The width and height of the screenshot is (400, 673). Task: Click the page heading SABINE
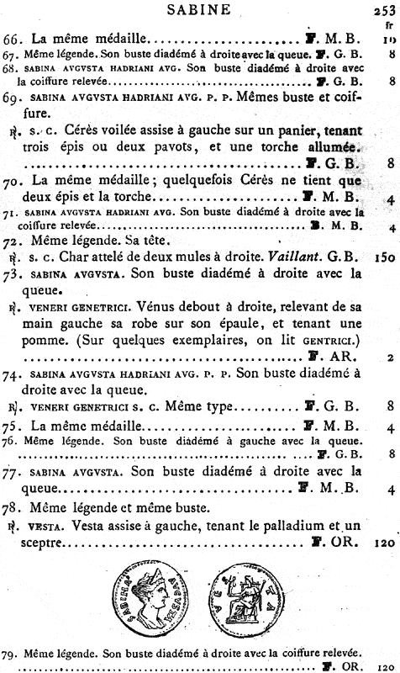point(198,11)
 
